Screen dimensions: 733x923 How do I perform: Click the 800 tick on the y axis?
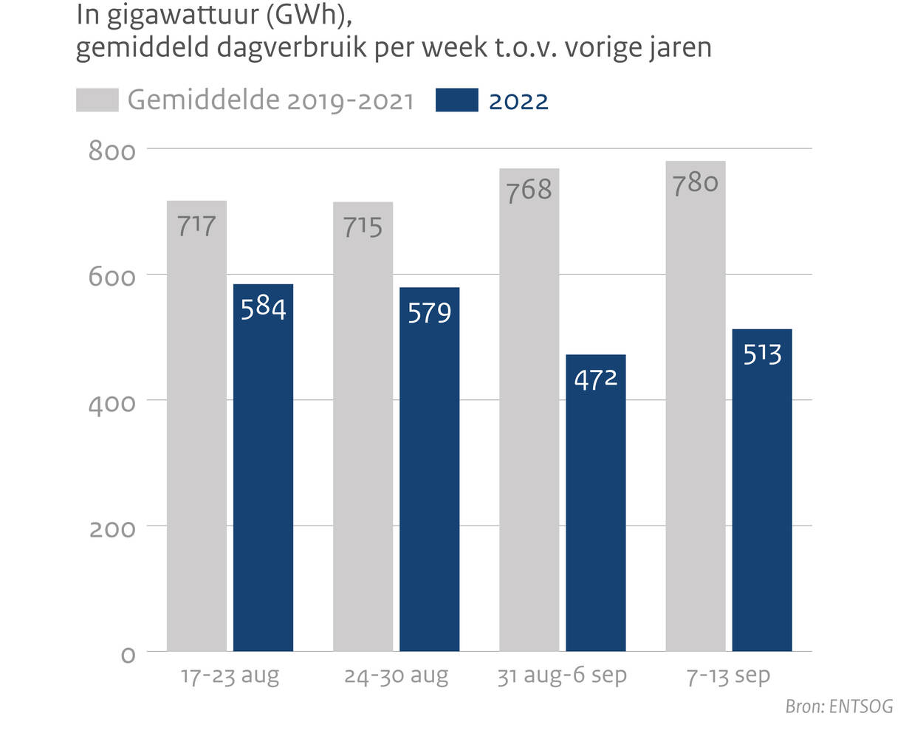coord(112,151)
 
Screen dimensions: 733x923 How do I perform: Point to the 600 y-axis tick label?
coord(112,277)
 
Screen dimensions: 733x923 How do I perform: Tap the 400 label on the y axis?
coord(112,403)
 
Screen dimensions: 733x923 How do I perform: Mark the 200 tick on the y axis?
coord(112,529)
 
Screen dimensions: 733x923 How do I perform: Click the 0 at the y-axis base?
coord(128,655)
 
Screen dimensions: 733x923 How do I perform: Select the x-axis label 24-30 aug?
coord(396,675)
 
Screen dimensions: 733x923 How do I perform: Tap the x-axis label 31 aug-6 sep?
coord(561,675)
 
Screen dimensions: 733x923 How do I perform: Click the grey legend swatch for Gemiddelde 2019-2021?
coord(97,100)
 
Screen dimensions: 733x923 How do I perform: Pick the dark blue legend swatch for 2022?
coord(456,100)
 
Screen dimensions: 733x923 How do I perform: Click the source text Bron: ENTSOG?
coord(839,706)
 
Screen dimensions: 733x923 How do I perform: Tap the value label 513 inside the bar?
coord(762,354)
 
